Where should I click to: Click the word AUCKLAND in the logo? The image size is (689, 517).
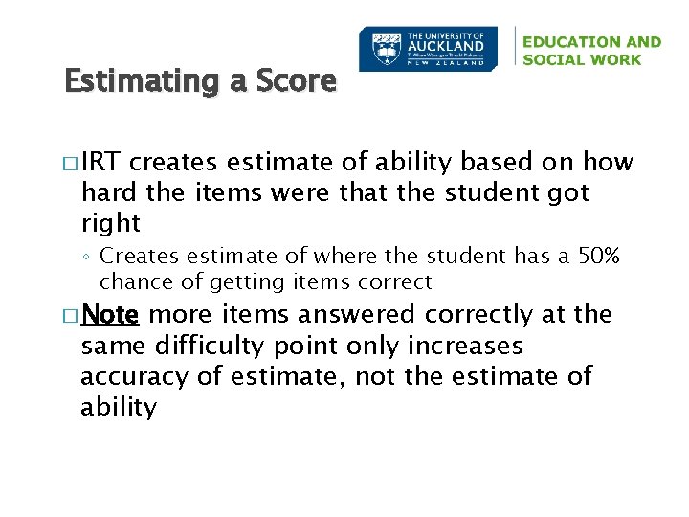[x=445, y=45]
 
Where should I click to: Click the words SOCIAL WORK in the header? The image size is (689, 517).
[x=583, y=59]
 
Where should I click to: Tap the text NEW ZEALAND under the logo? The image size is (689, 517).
[x=445, y=65]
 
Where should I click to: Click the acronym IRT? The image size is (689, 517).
[x=102, y=163]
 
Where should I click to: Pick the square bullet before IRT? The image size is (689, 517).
[x=71, y=164]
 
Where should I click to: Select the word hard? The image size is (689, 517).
[x=111, y=193]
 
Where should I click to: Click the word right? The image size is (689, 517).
[x=111, y=224]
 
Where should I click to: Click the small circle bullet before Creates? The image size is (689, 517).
[x=86, y=258]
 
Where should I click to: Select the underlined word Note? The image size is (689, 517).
[x=111, y=315]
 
